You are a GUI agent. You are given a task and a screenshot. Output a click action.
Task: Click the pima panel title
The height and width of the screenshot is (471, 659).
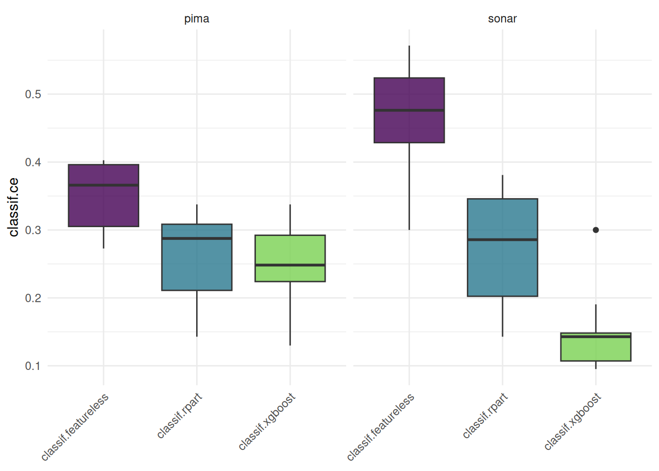click(197, 19)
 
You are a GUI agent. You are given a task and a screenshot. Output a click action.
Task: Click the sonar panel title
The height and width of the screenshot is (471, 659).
click(502, 19)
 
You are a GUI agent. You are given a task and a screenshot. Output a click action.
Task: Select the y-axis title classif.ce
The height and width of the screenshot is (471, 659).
click(14, 207)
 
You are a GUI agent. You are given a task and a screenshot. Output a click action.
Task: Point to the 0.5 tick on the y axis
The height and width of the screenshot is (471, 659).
click(33, 94)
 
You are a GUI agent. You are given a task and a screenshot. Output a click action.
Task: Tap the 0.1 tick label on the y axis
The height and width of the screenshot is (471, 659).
click(33, 366)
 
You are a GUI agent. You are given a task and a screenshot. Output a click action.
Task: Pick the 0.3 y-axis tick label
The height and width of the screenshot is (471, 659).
click(33, 230)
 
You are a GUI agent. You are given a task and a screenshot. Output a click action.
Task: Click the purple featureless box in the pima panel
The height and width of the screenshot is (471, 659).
click(103, 206)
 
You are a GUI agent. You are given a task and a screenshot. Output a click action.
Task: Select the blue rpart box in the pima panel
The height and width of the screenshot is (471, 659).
click(197, 265)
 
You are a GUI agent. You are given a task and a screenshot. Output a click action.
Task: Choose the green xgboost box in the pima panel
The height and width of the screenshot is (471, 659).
click(290, 250)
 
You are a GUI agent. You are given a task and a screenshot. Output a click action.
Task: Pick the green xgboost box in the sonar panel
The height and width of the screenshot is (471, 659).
click(595, 349)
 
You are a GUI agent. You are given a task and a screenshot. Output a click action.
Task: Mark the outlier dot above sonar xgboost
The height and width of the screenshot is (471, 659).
click(596, 230)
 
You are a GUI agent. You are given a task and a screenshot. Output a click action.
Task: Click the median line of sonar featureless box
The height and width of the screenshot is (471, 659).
click(409, 110)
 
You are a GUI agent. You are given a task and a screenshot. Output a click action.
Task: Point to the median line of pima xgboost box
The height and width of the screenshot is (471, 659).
click(290, 265)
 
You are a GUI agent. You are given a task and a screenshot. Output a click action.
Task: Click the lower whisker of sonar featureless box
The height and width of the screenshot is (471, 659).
click(409, 186)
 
